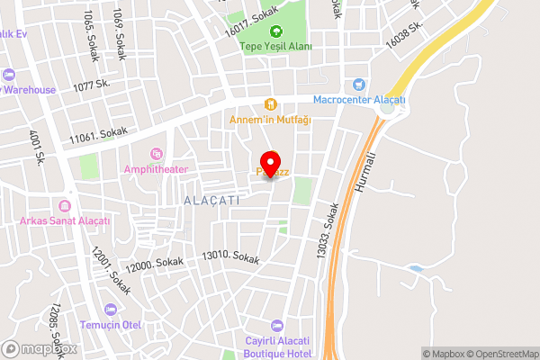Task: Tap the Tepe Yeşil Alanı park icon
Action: tap(276, 31)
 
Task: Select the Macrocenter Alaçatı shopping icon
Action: tap(359, 84)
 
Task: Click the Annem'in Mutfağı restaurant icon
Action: tap(269, 104)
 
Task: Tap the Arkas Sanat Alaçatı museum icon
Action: tap(65, 206)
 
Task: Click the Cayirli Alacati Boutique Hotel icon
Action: tap(276, 325)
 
